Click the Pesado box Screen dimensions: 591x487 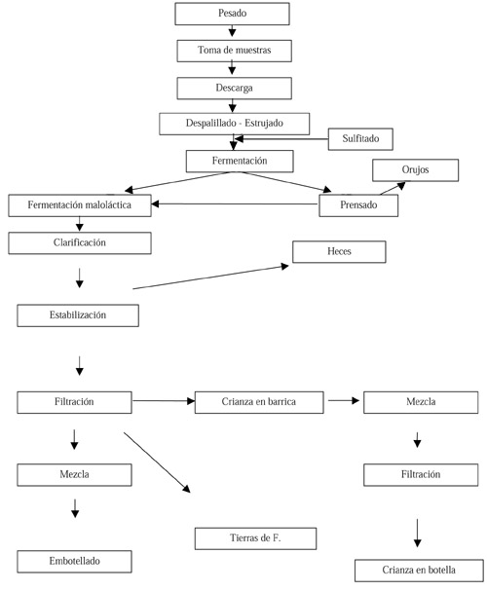[x=232, y=14]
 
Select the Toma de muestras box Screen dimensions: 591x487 [x=233, y=50]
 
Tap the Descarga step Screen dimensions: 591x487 [x=233, y=87]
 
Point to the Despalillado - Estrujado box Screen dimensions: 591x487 [x=234, y=124]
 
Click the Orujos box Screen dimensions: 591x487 [x=415, y=170]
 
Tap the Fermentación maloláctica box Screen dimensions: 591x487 [x=79, y=205]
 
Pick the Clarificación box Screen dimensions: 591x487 [x=79, y=242]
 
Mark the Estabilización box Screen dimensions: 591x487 [x=78, y=315]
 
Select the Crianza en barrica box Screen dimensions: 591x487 [x=259, y=401]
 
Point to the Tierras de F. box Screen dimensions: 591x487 [x=256, y=537]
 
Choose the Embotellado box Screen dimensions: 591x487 [x=75, y=561]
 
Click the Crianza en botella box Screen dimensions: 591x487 [x=419, y=571]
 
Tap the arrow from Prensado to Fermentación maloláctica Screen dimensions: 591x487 [x=235, y=204]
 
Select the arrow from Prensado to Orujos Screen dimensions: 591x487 [x=388, y=188]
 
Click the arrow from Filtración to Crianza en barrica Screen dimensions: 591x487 [x=163, y=400]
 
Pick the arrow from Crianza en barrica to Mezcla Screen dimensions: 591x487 [x=343, y=400]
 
